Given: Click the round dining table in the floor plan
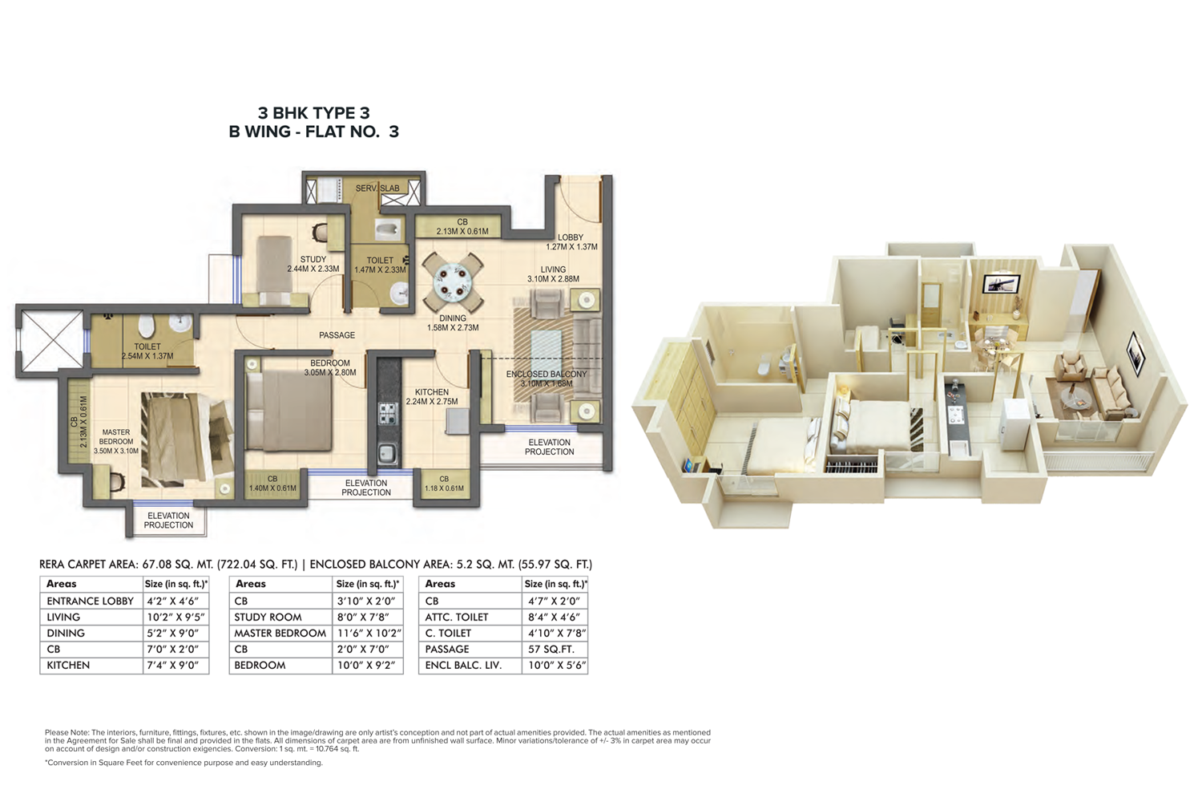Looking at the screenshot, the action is (453, 282).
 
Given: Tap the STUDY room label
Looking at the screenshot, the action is (313, 260).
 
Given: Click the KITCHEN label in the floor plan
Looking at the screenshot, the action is (431, 392).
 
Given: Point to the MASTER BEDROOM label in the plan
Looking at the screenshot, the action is (116, 437).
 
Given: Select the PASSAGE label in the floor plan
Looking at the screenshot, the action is (337, 335).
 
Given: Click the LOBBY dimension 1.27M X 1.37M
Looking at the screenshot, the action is (571, 247).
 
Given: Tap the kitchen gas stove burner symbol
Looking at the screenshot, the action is (389, 413).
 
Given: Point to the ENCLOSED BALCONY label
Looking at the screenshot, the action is (547, 374).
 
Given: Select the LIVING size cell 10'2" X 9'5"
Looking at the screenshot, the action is (176, 618).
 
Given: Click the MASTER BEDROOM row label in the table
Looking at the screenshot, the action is (280, 634).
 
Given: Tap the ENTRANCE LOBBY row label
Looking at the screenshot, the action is (90, 601).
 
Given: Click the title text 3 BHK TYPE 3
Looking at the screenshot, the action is (314, 113).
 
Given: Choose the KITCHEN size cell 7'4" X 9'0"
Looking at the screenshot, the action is (173, 666).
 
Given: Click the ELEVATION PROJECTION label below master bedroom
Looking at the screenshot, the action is (168, 520).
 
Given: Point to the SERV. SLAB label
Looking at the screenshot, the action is (377, 188).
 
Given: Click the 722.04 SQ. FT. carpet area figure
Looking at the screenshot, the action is (257, 565).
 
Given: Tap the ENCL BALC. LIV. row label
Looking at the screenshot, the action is (464, 666).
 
